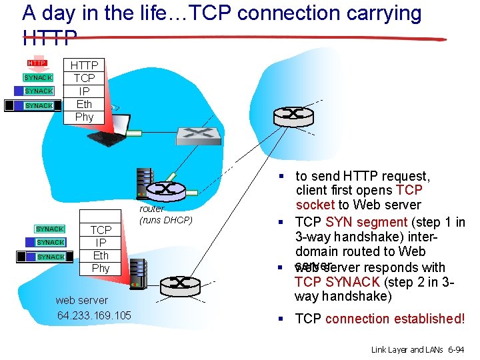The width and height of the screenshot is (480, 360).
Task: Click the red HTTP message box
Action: click(37, 63)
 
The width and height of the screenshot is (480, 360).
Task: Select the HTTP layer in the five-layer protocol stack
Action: click(85, 65)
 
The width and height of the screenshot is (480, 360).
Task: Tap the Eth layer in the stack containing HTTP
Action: click(85, 104)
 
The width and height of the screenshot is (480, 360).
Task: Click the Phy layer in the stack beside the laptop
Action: click(85, 117)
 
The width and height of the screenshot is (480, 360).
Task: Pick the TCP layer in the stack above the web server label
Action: click(101, 230)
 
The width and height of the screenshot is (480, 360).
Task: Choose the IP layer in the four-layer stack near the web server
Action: click(101, 243)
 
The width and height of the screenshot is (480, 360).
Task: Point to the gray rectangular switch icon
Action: click(198, 135)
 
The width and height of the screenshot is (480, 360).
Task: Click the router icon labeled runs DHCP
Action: click(163, 190)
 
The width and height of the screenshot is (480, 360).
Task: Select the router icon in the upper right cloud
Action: click(293, 114)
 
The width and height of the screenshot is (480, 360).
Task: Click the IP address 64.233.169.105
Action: click(94, 315)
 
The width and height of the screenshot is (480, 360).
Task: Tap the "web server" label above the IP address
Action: click(82, 301)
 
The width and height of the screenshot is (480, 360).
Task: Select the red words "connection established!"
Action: click(407, 319)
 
